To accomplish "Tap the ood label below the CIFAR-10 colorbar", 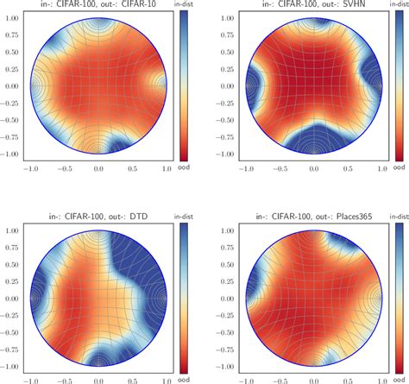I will (x=183, y=168).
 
